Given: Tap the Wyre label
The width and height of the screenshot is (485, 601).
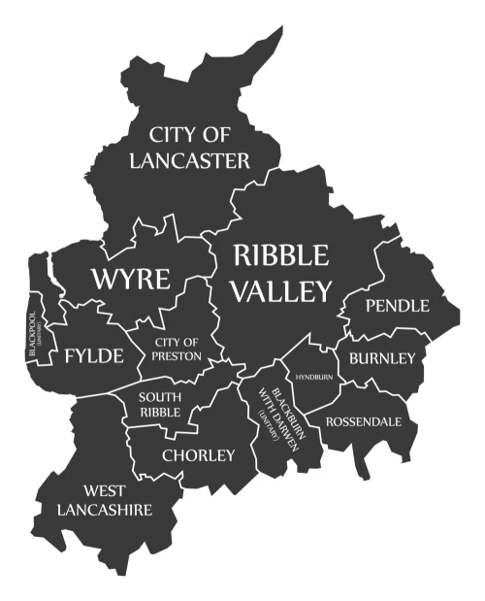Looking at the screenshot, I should (x=130, y=280).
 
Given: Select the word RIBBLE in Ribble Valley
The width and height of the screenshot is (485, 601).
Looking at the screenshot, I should (x=281, y=255).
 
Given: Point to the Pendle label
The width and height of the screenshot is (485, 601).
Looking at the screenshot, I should (x=397, y=306).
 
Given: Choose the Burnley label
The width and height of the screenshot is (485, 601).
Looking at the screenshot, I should (x=382, y=358).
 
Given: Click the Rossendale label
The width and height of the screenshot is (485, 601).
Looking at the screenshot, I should (x=363, y=421).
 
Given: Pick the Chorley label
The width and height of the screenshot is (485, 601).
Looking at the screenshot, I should (x=198, y=454).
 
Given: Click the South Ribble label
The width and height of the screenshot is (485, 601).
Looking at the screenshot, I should (x=159, y=404).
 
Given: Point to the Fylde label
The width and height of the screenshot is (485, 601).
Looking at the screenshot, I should (x=94, y=356).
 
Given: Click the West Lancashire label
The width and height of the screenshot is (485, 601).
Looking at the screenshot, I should (x=105, y=500).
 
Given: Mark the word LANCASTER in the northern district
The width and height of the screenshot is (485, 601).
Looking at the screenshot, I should (x=189, y=160).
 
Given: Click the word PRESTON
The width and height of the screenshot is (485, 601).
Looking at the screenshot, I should (x=177, y=356).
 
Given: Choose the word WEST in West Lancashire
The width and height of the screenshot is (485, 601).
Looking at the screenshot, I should (x=105, y=490).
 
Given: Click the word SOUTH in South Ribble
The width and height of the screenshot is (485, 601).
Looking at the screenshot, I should (x=159, y=396).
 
